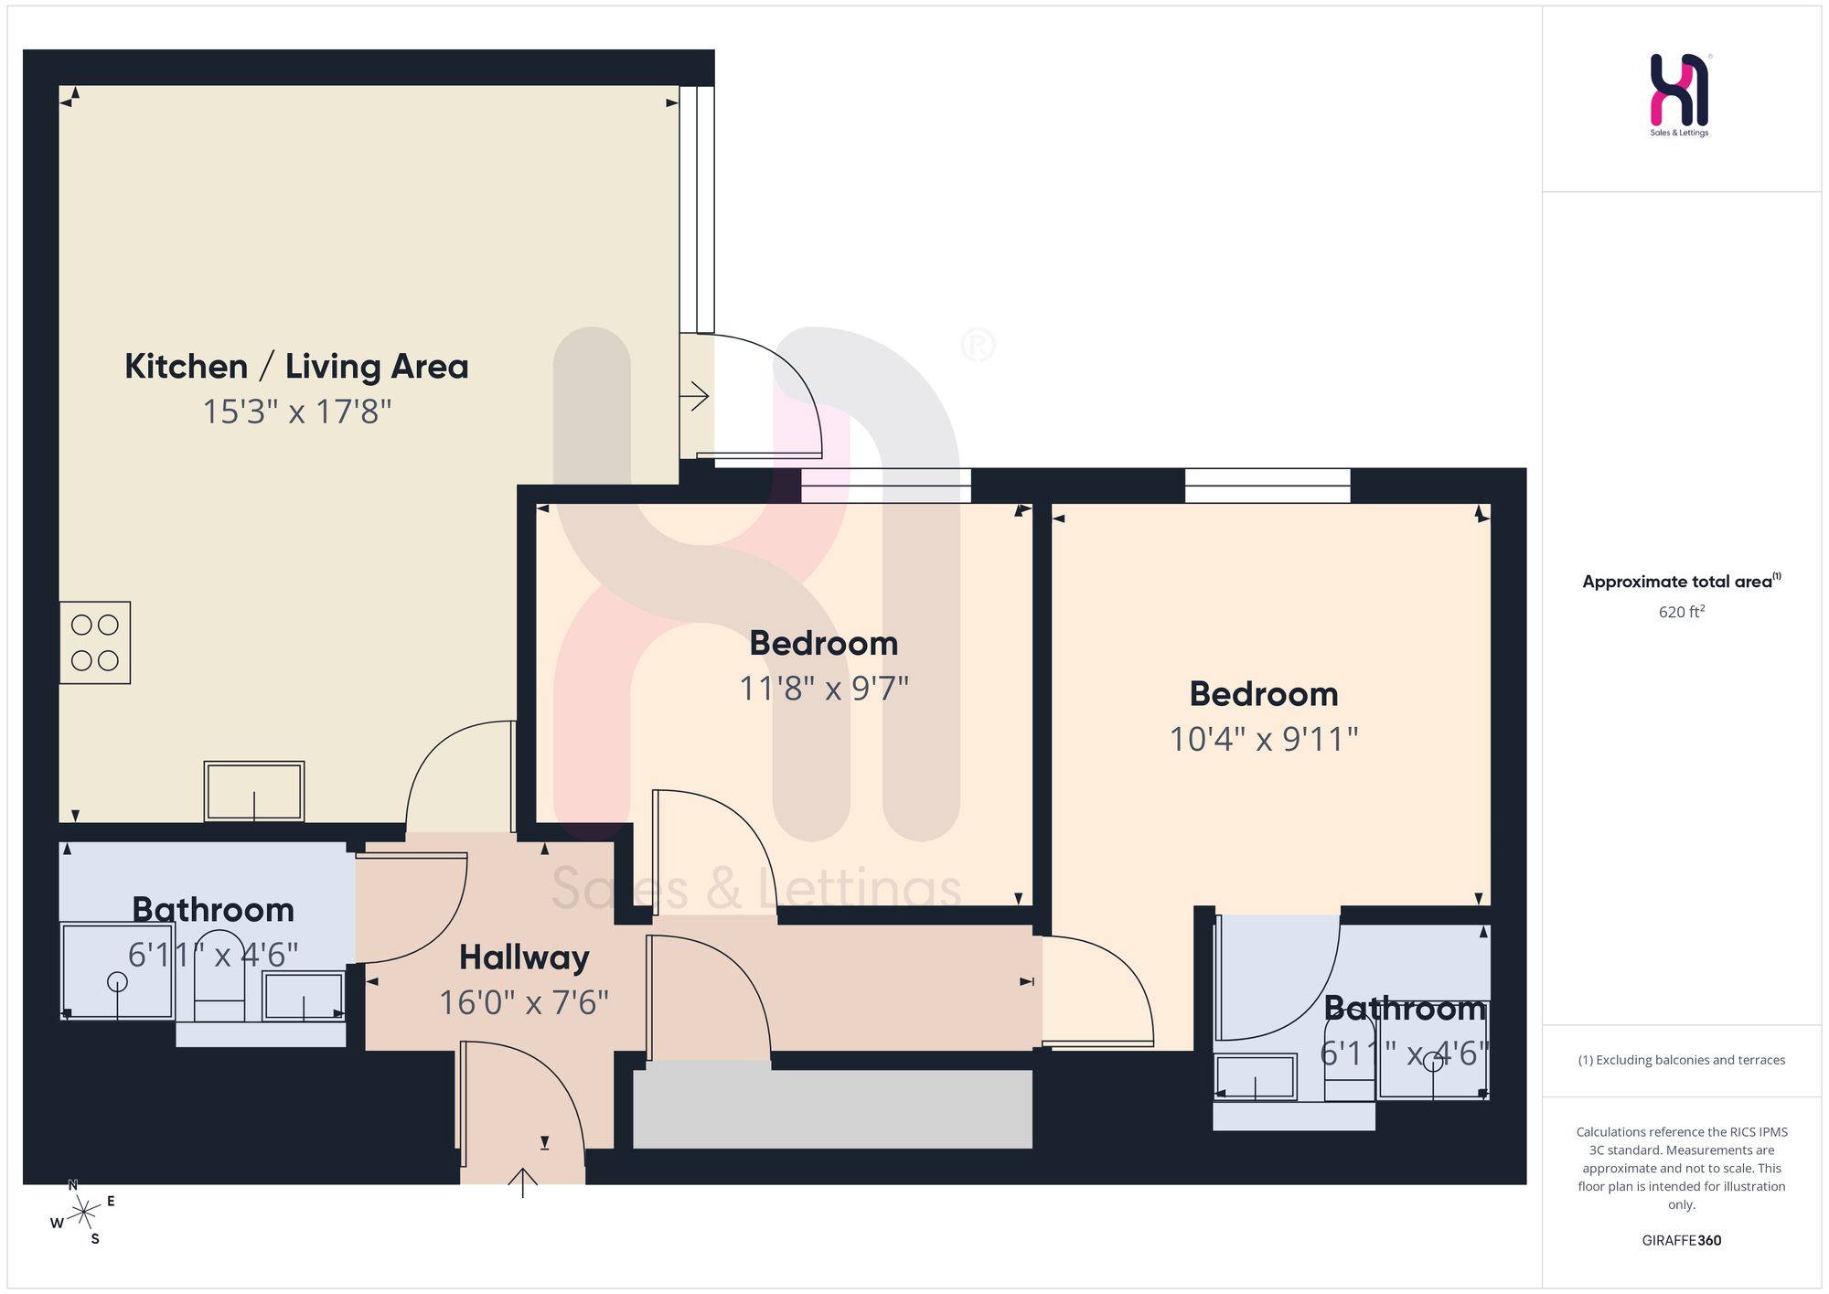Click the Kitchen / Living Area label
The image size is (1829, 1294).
(296, 367)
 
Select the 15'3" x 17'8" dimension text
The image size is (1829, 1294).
(297, 412)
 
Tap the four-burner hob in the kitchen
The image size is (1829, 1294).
(95, 643)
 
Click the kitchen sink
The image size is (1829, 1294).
(254, 791)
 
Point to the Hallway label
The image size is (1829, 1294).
(524, 957)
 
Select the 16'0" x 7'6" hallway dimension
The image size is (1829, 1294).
(524, 1002)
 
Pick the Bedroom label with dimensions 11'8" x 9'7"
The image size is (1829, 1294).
(824, 643)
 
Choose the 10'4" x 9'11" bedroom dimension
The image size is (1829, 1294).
(1264, 739)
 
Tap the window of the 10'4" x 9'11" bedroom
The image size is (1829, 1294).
(1267, 486)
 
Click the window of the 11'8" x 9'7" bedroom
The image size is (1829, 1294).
(886, 486)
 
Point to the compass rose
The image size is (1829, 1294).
(83, 1214)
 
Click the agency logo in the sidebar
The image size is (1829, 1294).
(1680, 94)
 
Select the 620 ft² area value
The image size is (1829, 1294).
(1682, 611)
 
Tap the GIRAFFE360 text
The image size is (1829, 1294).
(1682, 1241)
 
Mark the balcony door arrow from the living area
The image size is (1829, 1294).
(694, 397)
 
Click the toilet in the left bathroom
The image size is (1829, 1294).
(219, 977)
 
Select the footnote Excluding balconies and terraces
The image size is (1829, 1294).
(1682, 1060)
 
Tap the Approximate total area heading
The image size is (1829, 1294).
(1682, 581)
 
